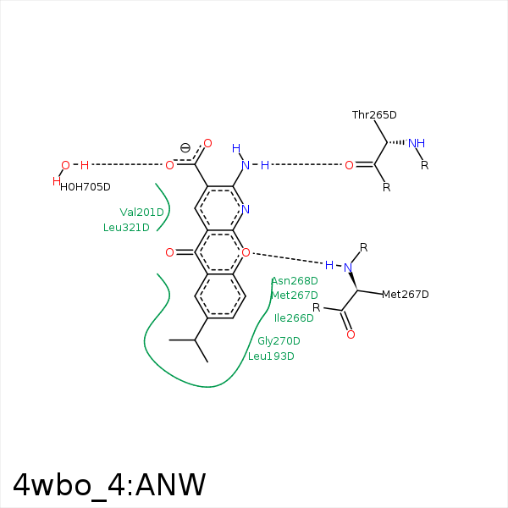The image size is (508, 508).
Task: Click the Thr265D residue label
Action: click(x=374, y=115)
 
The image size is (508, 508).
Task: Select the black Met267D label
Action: click(x=406, y=294)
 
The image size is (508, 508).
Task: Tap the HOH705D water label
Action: click(x=86, y=187)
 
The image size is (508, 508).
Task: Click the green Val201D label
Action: click(x=142, y=213)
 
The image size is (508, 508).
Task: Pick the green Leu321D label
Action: click(x=126, y=228)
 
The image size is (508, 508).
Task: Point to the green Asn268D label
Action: click(x=295, y=281)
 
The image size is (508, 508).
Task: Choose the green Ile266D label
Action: click(x=294, y=318)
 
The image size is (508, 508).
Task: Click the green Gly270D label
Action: click(x=279, y=341)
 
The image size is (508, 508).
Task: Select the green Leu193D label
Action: click(x=271, y=356)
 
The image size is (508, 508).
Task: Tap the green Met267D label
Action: click(x=295, y=295)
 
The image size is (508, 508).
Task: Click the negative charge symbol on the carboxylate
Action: click(x=185, y=148)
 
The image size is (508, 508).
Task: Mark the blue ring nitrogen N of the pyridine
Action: click(x=246, y=209)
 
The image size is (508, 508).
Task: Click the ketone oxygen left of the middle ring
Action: click(x=169, y=252)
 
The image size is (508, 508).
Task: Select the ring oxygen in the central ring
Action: click(x=246, y=252)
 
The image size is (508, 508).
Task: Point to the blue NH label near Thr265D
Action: click(x=417, y=143)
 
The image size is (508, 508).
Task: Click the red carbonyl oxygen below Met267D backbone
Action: click(x=351, y=334)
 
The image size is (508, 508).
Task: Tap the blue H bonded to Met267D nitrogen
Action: click(x=329, y=265)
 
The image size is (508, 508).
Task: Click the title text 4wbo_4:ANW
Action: click(x=109, y=485)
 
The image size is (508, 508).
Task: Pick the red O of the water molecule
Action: click(x=65, y=165)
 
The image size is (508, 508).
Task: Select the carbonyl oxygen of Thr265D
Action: click(x=349, y=165)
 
